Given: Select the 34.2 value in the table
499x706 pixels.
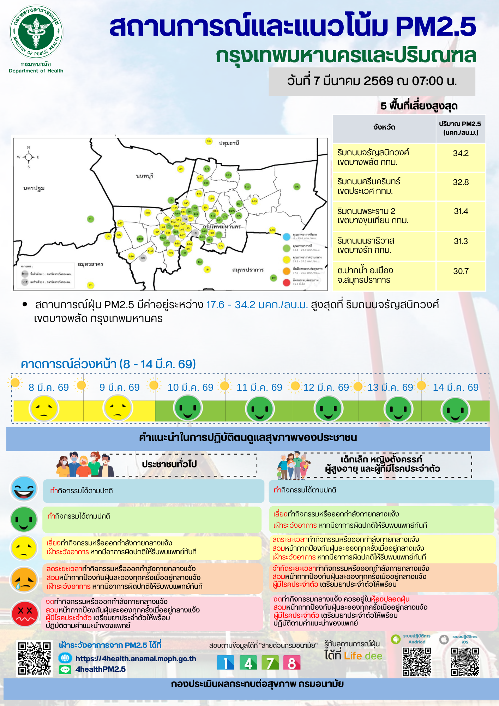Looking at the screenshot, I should [x=461, y=153].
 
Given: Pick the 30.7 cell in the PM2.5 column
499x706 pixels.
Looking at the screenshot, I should [x=461, y=271].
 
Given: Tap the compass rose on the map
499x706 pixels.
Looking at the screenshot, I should [x=29, y=157].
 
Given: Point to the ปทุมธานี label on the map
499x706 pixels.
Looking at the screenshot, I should [x=229, y=143].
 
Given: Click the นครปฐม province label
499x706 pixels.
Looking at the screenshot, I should [x=34, y=188].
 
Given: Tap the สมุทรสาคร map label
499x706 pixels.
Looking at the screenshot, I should [x=90, y=264].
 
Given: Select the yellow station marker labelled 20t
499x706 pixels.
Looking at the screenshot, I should [x=209, y=142].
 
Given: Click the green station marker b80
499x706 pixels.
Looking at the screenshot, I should [x=297, y=186].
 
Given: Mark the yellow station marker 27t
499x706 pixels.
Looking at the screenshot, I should [x=91, y=285].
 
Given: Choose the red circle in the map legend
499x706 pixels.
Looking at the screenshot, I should [x=287, y=282].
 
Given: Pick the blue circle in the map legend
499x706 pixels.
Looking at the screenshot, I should [x=287, y=237].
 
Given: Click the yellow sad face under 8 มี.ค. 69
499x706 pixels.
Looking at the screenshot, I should [x=44, y=409].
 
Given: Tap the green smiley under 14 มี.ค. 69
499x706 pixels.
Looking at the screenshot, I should [x=455, y=410].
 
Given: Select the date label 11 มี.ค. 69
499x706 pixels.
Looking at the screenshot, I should [x=259, y=388].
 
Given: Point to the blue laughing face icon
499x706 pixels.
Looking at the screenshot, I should [x=24, y=489].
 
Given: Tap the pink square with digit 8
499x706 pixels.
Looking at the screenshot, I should [x=292, y=663].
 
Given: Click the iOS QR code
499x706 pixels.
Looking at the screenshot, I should [x=465, y=662].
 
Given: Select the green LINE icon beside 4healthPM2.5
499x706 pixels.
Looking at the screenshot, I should [x=65, y=669].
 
